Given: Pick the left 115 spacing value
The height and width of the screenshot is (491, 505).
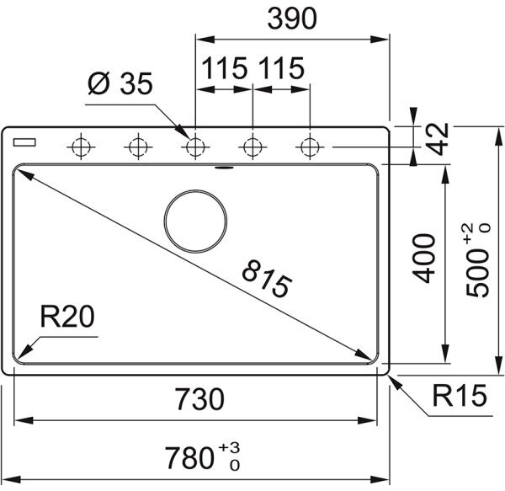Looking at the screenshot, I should [x=223, y=68].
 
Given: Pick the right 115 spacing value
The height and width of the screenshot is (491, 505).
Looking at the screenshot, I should [x=281, y=68].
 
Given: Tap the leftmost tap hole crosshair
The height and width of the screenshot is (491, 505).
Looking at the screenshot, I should [x=81, y=147].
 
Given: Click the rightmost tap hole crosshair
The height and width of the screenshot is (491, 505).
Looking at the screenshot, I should [x=309, y=147].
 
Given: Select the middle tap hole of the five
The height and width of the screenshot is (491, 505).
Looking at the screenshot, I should [x=194, y=147].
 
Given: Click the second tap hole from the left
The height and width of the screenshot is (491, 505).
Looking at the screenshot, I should [x=137, y=147].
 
